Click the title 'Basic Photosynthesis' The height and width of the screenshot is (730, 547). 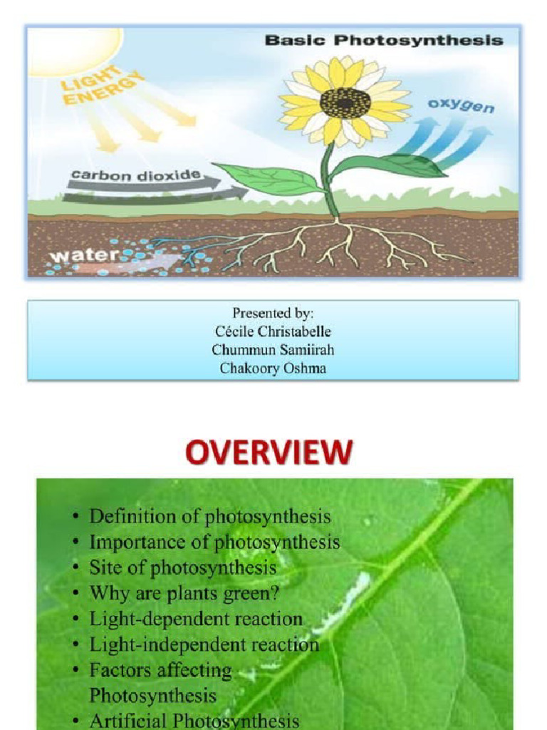383,40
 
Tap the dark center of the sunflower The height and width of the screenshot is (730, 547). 345,103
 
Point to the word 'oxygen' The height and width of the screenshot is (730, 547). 462,108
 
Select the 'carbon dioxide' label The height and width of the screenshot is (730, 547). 135,175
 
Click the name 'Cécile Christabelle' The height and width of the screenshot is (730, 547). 273,331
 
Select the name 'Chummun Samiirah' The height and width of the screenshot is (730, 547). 273,350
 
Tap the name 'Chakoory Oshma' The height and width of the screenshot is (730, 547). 273,369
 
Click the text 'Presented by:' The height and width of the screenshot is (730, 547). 273,313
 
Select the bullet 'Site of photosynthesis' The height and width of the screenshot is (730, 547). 182,567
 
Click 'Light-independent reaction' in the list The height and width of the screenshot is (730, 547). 204,644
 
